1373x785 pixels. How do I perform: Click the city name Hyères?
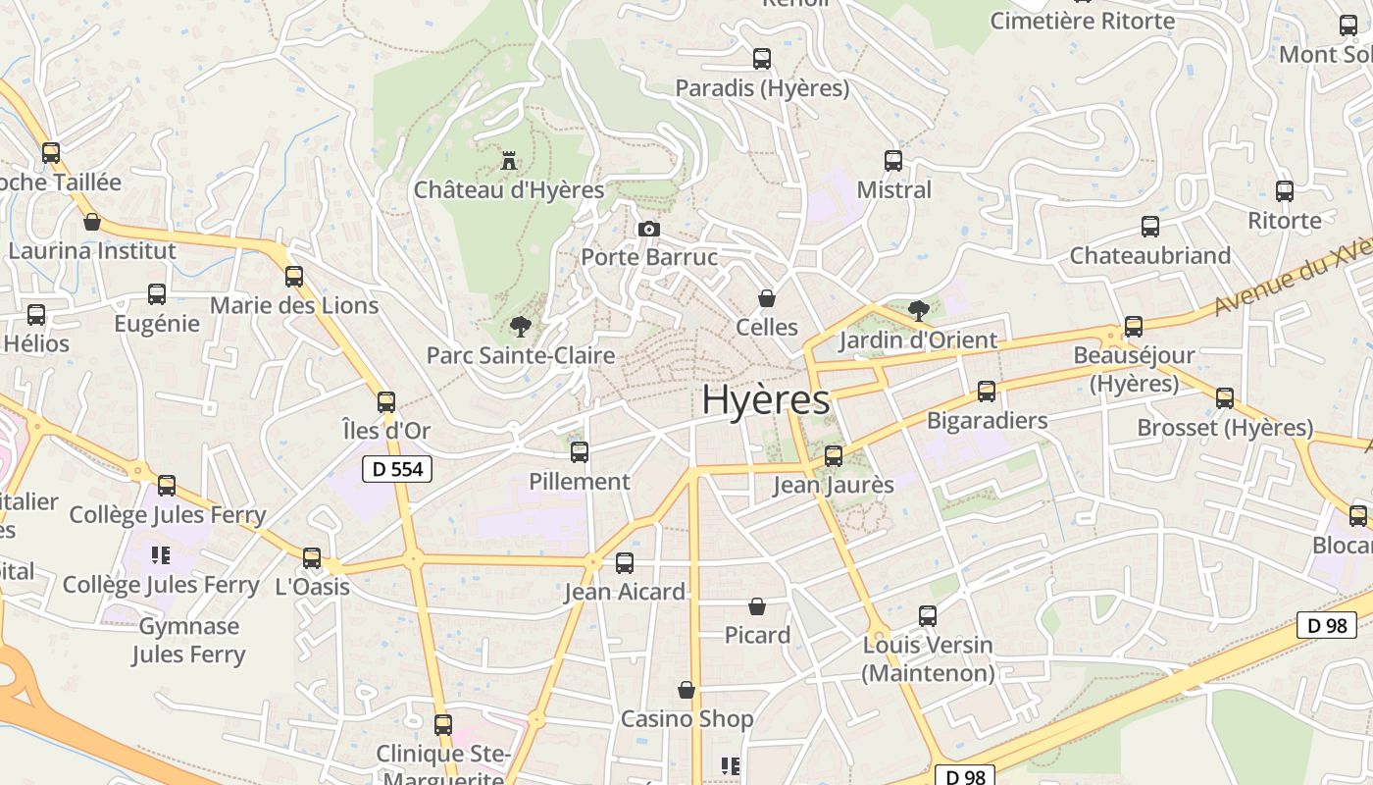765,399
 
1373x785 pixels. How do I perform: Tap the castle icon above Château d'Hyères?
509,160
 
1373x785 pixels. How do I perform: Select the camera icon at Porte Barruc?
648,229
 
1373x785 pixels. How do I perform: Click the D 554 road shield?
398,469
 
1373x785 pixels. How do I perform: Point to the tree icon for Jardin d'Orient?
919,311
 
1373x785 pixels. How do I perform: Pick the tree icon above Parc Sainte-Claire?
520,326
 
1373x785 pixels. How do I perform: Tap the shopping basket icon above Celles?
767,297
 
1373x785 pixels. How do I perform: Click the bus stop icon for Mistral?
893,160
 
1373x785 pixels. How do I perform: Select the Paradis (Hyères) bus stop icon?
762,59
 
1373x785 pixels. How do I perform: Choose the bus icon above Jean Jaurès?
834,455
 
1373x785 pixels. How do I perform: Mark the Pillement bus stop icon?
580,451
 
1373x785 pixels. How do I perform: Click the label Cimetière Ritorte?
1082,21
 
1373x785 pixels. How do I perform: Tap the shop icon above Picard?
757,606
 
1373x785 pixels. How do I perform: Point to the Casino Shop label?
687,718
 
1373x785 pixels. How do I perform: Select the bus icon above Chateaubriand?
1150,227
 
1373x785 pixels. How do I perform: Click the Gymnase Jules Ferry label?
188,640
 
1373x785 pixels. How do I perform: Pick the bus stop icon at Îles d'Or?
386,401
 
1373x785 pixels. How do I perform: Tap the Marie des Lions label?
294,305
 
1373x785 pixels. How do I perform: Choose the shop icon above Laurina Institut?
92,222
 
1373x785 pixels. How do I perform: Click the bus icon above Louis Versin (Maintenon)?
928,616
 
